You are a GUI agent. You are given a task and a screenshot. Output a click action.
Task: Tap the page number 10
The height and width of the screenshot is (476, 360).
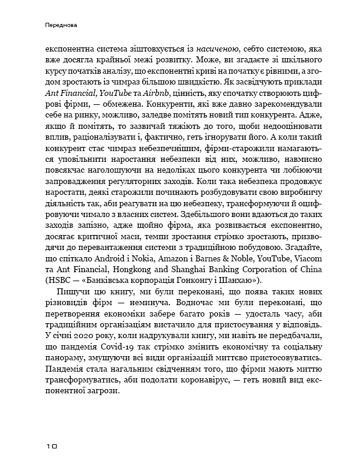tap(50, 447)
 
